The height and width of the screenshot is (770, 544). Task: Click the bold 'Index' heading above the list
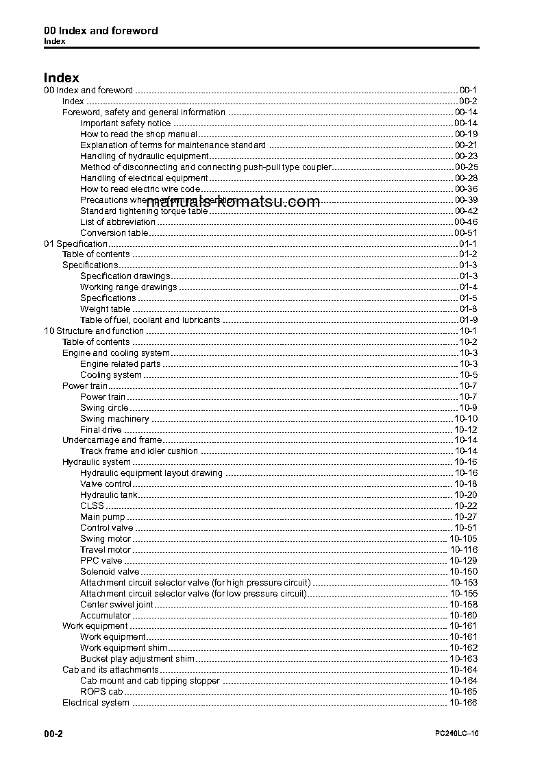coord(62,78)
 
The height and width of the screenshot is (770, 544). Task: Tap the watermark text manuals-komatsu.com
coord(233,202)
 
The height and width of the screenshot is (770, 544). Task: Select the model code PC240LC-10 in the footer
coord(456,734)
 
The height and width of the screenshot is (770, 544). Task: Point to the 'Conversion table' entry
coord(114,233)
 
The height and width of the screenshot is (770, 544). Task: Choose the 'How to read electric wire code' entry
coord(140,189)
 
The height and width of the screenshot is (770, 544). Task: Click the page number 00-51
coord(466,233)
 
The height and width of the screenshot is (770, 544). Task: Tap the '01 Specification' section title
coord(76,244)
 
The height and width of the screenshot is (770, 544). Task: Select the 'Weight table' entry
coord(105,309)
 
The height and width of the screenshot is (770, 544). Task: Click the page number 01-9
coord(469,320)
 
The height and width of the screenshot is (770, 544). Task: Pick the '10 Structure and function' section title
coord(94,331)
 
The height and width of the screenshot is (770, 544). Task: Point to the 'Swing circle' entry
coord(104,408)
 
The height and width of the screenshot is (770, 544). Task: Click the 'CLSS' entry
coord(92,506)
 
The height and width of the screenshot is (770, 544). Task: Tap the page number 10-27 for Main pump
coord(466,517)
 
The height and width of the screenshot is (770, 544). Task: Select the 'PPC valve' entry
coord(101,561)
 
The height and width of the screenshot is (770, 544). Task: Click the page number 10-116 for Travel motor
coord(463,550)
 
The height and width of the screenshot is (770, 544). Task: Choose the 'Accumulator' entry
coord(106,616)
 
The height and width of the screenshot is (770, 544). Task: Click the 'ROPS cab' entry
coord(101,692)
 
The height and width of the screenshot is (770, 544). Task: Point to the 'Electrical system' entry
coord(96,703)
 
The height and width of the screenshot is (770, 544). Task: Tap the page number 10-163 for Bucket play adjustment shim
coord(463,659)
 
